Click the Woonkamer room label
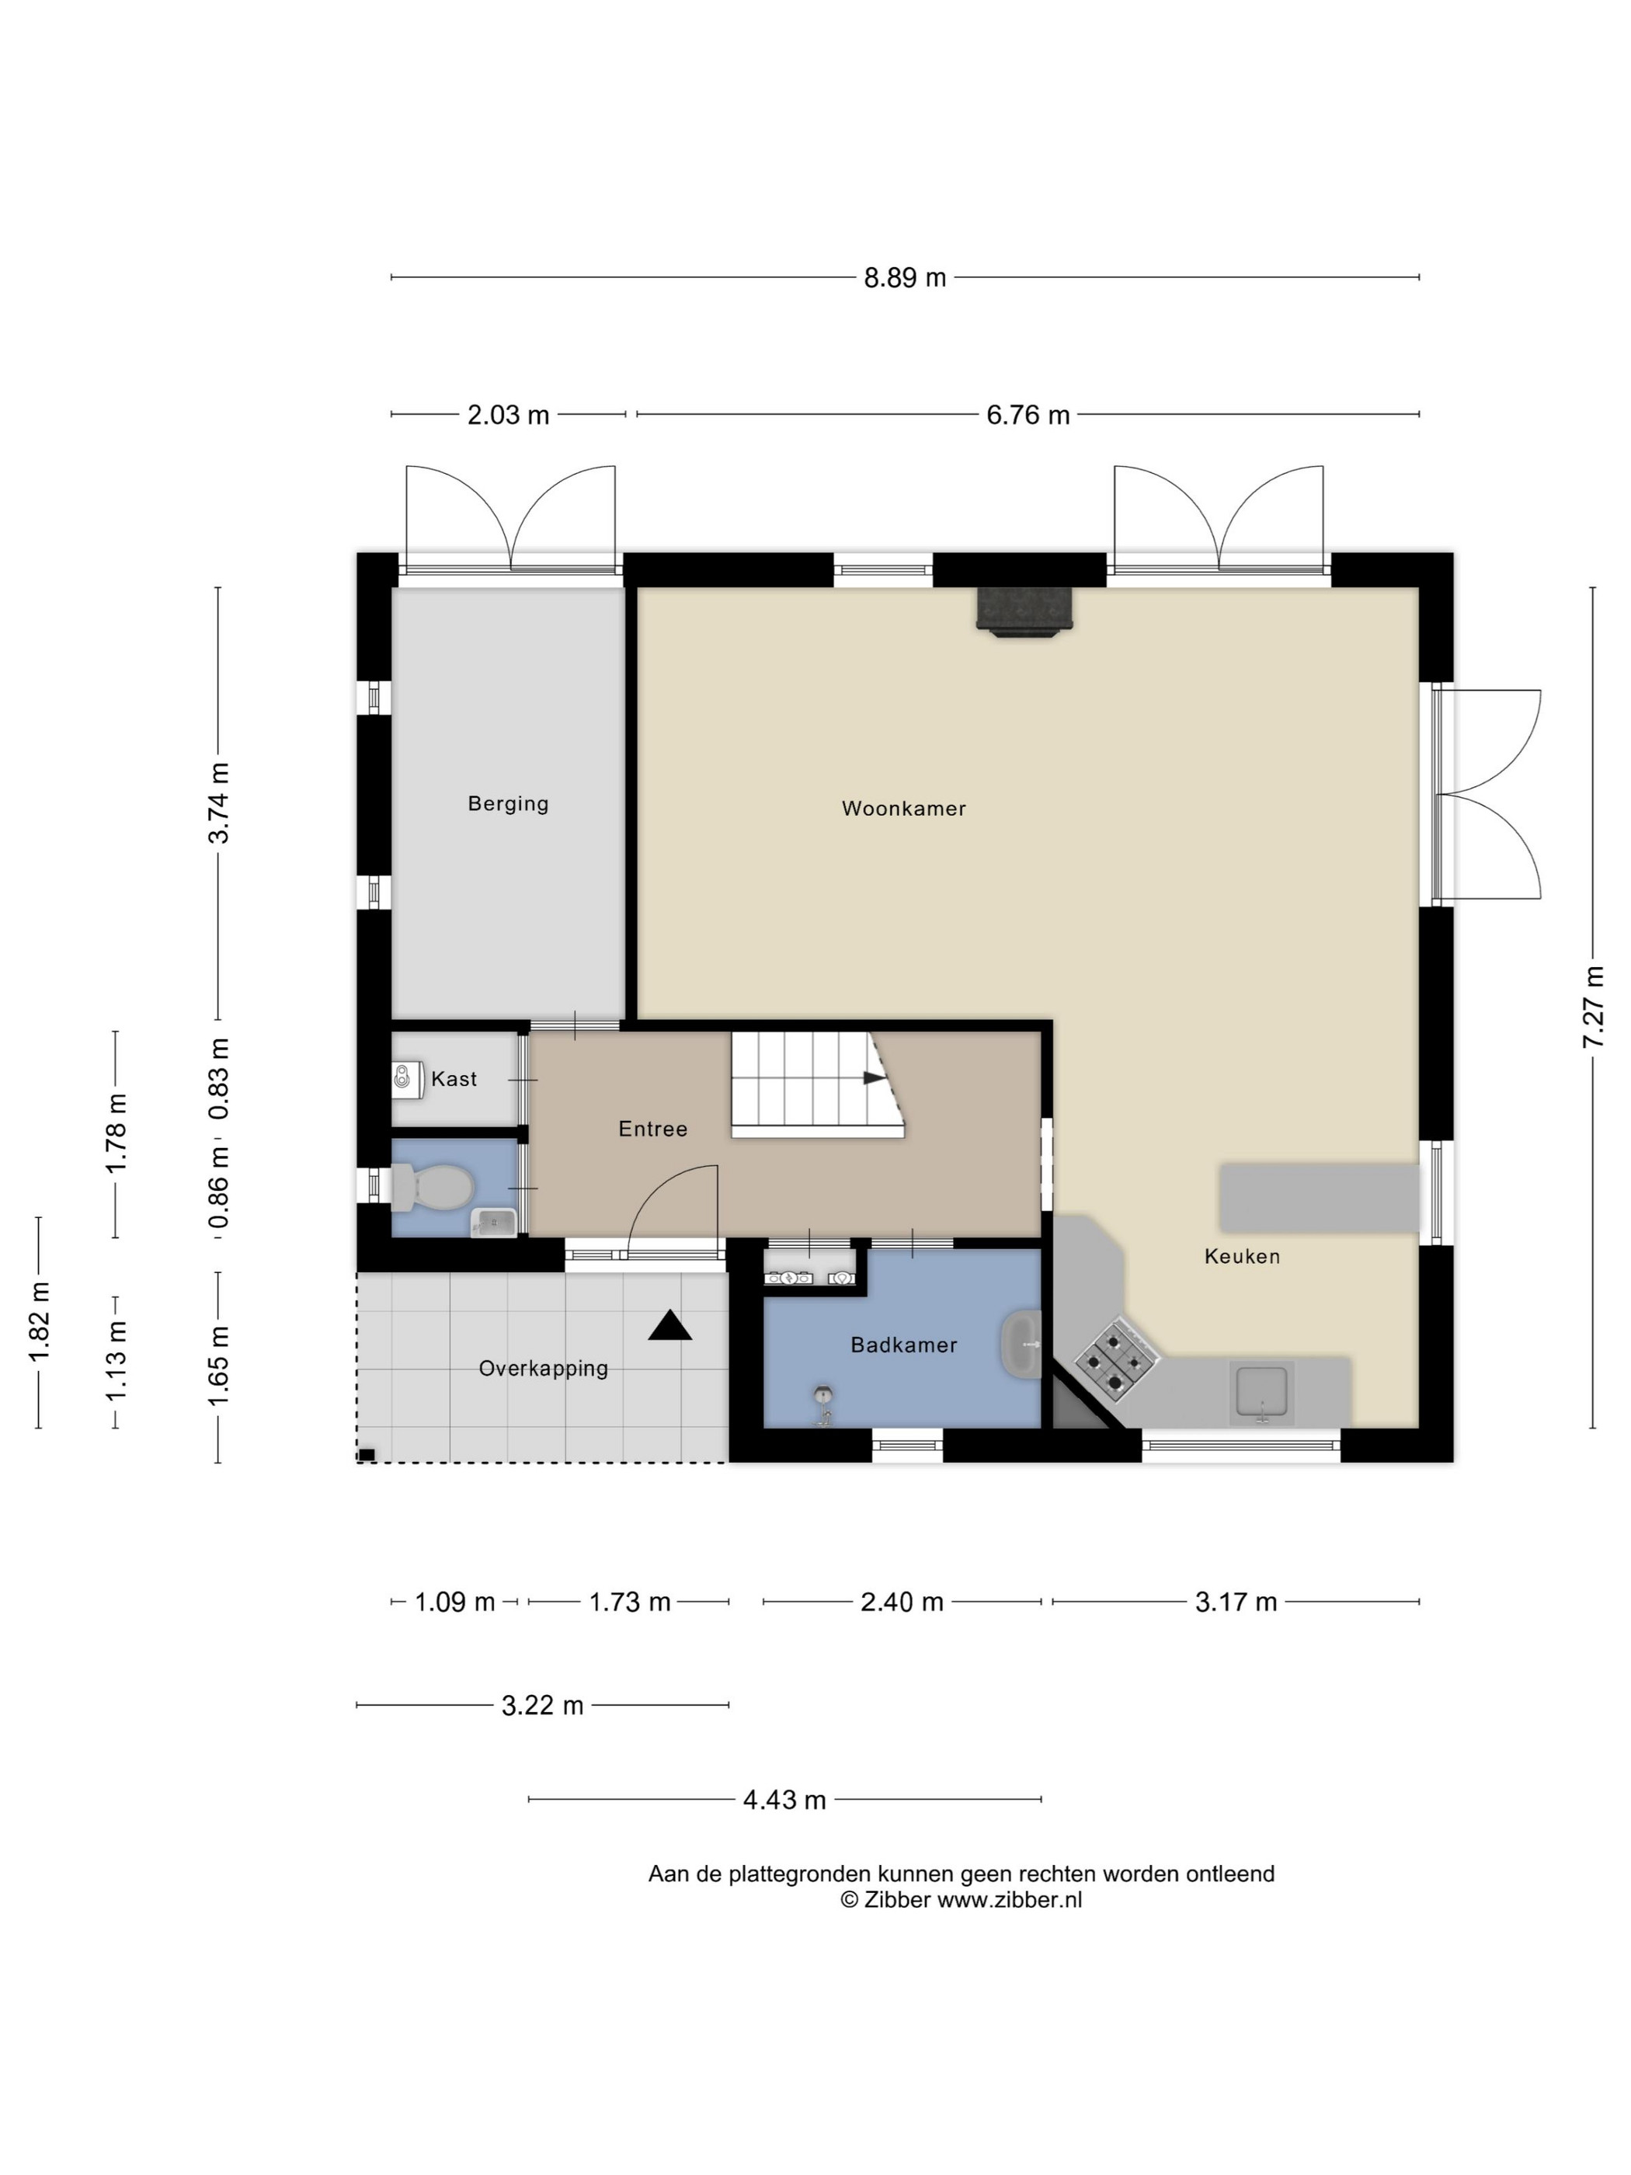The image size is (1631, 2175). click(x=903, y=809)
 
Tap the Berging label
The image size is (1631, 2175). click(x=507, y=803)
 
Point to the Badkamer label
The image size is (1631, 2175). click(x=903, y=1344)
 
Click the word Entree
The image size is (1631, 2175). click(x=652, y=1129)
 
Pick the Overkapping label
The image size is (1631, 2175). click(x=543, y=1369)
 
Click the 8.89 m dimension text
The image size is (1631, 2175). click(x=905, y=278)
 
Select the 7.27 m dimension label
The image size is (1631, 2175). click(x=1594, y=1007)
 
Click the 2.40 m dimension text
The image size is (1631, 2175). click(x=902, y=1602)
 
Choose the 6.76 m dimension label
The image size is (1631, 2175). click(x=1028, y=415)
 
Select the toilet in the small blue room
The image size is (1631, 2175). click(x=432, y=1187)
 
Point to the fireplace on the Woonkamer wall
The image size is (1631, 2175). click(x=1024, y=611)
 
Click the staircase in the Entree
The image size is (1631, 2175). click(x=817, y=1084)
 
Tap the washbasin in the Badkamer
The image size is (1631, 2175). click(x=1021, y=1344)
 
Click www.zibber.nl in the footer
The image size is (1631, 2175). click(x=1009, y=1900)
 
